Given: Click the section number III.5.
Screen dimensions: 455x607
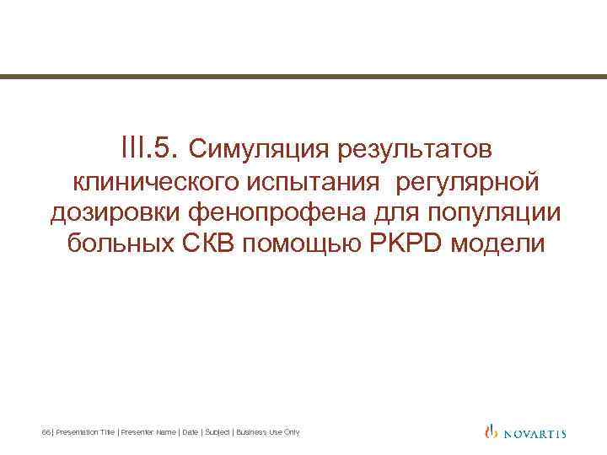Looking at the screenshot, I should click(x=151, y=149).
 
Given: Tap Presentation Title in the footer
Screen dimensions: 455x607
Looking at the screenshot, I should click(x=85, y=432).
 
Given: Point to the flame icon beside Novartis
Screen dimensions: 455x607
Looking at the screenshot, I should click(x=492, y=432).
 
